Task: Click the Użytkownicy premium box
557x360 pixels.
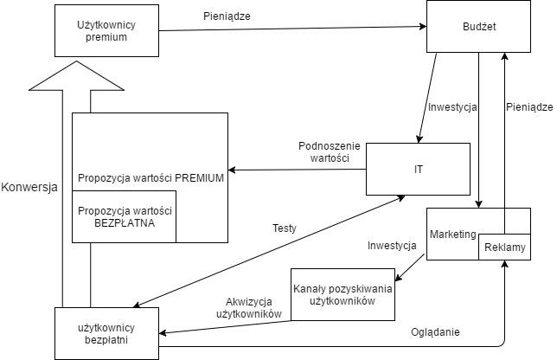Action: coord(106,30)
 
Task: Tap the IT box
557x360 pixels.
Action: coord(419,168)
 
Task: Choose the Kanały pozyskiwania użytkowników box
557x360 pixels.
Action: coord(343,293)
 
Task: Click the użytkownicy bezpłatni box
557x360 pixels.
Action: coord(107,333)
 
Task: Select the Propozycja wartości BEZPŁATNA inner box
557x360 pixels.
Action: coord(125,216)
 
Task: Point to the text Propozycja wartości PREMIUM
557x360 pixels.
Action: coord(150,178)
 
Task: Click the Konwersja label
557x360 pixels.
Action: coord(29,187)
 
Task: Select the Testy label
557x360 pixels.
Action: coord(285,229)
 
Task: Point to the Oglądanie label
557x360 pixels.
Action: coord(435,331)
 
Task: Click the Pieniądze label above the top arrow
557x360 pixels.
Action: coord(227,16)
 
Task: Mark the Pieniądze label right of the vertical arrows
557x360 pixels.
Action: coord(528,107)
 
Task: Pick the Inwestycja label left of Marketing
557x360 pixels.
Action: coord(392,246)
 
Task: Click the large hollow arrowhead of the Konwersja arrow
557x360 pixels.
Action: coord(74,77)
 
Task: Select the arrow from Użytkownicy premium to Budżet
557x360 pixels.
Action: coord(294,29)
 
